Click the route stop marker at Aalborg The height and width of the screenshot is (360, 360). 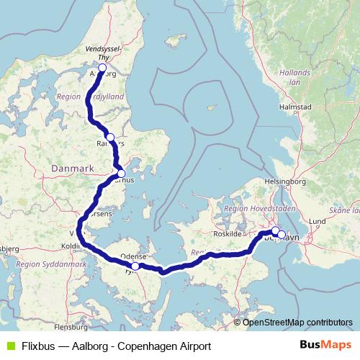tap(102, 69)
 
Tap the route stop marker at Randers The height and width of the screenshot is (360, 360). tap(110, 137)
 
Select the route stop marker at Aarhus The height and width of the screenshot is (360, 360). tap(121, 173)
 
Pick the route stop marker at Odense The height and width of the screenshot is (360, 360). tap(135, 266)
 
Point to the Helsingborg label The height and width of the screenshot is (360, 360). tap(286, 181)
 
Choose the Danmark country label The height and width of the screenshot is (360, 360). tap(73, 168)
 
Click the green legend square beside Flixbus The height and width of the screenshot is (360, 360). tap(9, 345)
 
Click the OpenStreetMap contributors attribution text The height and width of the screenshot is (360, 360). tap(297, 322)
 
